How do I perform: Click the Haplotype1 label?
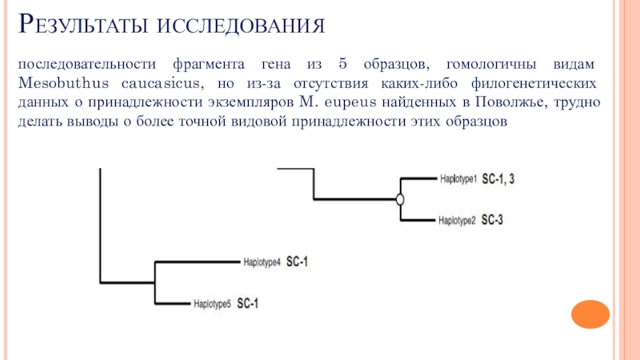tap(458, 179)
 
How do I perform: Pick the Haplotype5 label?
tap(213, 303)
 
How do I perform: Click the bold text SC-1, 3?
tap(498, 179)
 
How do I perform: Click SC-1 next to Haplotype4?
tap(298, 262)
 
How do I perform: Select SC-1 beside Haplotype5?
tap(248, 303)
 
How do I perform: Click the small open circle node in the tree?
tap(400, 199)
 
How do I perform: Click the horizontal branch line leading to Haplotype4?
tap(196, 261)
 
